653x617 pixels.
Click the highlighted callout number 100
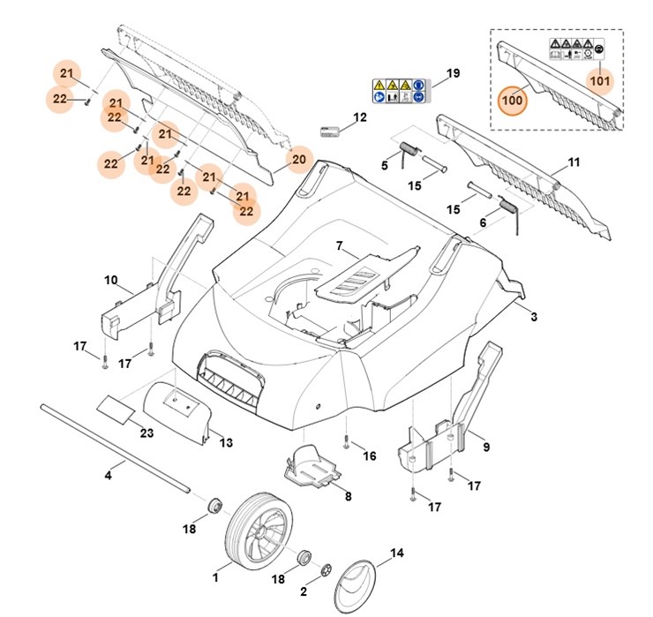point(513,99)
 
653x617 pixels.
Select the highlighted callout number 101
point(599,82)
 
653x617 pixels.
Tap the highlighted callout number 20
point(298,160)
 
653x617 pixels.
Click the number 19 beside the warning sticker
point(453,73)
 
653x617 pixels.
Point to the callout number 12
point(359,117)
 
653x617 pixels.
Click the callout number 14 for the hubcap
point(396,553)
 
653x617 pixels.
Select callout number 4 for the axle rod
point(109,476)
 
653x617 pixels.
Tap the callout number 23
point(146,433)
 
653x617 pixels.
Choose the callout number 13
point(226,442)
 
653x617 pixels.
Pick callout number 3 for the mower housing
point(533,315)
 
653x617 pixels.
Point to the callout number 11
point(574,162)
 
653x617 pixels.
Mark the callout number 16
point(369,455)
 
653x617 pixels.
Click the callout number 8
point(348,496)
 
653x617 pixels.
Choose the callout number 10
point(111,281)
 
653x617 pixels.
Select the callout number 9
point(486,448)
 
